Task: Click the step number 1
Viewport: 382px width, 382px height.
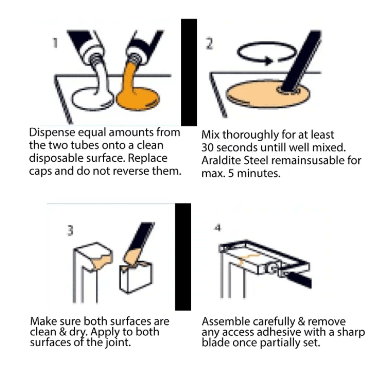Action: (56, 43)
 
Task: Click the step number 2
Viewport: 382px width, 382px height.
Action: (209, 44)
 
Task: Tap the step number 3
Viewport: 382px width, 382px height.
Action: (70, 230)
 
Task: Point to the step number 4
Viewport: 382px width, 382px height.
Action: (218, 228)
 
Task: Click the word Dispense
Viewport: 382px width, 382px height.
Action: (52, 133)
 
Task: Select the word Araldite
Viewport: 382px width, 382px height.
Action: (221, 161)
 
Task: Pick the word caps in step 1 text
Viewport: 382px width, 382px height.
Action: (40, 172)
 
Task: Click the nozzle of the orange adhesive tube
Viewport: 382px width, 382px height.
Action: (134, 58)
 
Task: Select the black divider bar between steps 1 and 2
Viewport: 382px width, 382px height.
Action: (189, 73)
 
